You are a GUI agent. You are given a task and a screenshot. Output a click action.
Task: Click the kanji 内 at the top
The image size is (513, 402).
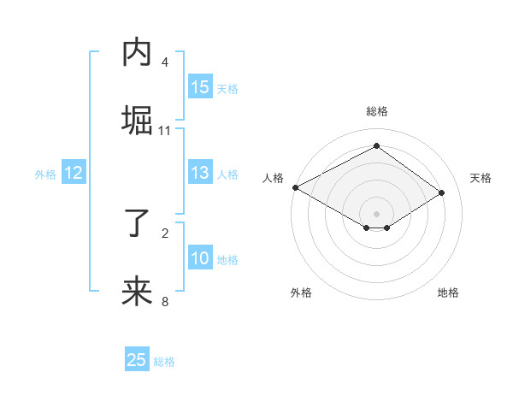click(x=138, y=53)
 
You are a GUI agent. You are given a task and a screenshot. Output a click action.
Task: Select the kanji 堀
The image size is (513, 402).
click(x=138, y=121)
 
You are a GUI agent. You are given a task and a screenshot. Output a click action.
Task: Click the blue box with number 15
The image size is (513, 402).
click(x=200, y=86)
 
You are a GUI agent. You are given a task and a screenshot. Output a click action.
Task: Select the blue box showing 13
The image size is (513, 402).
click(x=200, y=173)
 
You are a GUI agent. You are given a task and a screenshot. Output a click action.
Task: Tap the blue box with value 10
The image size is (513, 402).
click(x=200, y=258)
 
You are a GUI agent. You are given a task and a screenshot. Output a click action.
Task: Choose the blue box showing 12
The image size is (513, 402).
click(x=74, y=173)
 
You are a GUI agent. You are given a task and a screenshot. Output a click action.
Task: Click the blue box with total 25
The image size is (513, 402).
click(x=137, y=360)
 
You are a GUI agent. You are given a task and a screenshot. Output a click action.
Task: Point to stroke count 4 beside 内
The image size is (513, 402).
click(x=165, y=62)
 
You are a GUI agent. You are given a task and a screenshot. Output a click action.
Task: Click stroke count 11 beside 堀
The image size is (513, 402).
click(x=165, y=131)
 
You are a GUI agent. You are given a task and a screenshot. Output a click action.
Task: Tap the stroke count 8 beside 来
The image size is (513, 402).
click(x=165, y=302)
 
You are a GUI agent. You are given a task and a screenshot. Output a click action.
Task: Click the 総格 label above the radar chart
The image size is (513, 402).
click(x=376, y=111)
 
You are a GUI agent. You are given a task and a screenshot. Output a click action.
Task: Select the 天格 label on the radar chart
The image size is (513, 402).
click(x=481, y=178)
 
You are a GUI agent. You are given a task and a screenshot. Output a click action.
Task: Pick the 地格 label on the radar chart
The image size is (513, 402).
click(x=448, y=293)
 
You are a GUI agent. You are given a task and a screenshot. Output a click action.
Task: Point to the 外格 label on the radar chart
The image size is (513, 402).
click(x=301, y=293)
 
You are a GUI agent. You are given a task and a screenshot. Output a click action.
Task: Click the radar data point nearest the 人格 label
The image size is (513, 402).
click(x=295, y=187)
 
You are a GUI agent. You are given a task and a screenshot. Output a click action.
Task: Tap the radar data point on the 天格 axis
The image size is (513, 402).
click(x=442, y=192)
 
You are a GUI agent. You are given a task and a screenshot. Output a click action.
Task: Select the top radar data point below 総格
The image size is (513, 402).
click(x=376, y=146)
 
